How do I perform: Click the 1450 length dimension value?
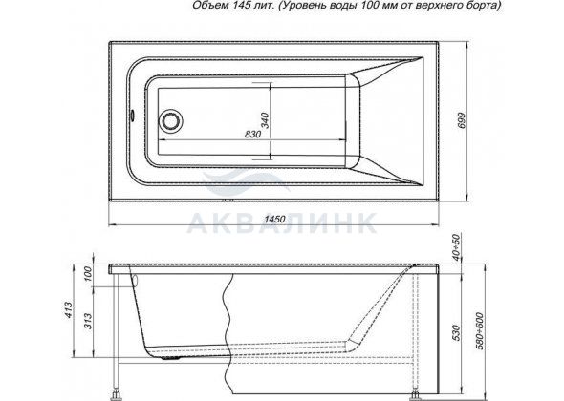coord(274,220)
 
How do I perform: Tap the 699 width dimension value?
coord(462,120)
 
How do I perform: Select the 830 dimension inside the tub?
coord(252,134)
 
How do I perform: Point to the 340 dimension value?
coord(265,120)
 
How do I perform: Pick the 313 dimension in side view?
coord(88,321)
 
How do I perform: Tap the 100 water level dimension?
coord(88,274)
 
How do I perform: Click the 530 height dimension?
coord(456,332)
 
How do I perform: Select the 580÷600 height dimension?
coord(479,331)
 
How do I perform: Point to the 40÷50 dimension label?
coord(456,247)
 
